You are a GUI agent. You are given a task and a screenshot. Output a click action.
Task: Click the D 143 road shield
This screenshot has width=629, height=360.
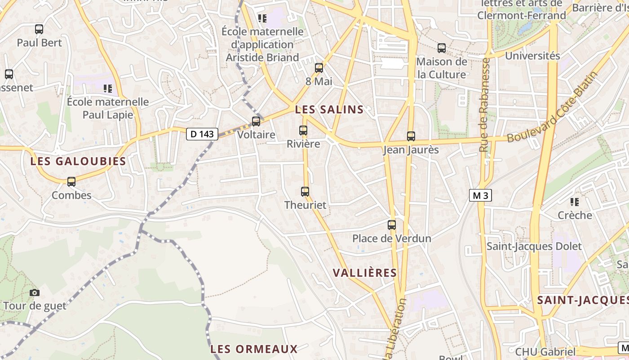(202, 134)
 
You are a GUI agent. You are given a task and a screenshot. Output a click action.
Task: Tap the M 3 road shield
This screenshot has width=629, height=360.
(480, 195)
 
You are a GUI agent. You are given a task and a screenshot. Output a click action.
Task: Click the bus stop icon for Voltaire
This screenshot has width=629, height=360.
(256, 121)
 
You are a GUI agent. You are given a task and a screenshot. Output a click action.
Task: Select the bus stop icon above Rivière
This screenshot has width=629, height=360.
(303, 130)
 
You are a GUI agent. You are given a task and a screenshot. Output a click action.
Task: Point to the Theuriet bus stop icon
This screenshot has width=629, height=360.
(305, 191)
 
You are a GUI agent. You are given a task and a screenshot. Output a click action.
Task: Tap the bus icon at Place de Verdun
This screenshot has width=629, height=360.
(392, 225)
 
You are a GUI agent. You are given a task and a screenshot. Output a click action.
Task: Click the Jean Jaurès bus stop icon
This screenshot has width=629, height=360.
(411, 136)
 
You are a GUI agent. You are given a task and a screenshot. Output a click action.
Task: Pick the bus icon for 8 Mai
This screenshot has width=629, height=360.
(319, 68)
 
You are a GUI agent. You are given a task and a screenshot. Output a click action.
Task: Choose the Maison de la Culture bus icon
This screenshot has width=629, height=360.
(442, 48)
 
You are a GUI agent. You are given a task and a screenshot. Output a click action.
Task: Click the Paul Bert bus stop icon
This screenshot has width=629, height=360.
(39, 29)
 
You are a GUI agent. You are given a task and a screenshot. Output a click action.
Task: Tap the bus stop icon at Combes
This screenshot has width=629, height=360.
(71, 182)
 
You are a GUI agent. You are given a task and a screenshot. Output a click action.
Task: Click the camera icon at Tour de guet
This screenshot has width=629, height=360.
(35, 292)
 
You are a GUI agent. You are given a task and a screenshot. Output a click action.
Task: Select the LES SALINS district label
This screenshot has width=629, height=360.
(329, 109)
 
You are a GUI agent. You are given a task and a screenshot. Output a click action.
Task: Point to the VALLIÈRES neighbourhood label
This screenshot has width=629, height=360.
(365, 273)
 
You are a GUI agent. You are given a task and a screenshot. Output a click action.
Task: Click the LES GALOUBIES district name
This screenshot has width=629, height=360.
(78, 161)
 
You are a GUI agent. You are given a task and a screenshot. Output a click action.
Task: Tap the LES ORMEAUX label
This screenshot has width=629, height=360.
(254, 349)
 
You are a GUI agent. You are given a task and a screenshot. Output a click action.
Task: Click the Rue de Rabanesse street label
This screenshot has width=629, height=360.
(484, 104)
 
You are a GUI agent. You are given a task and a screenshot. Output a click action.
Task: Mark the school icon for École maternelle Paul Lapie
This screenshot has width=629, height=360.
(108, 88)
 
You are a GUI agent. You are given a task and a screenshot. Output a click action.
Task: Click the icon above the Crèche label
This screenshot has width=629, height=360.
(575, 202)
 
